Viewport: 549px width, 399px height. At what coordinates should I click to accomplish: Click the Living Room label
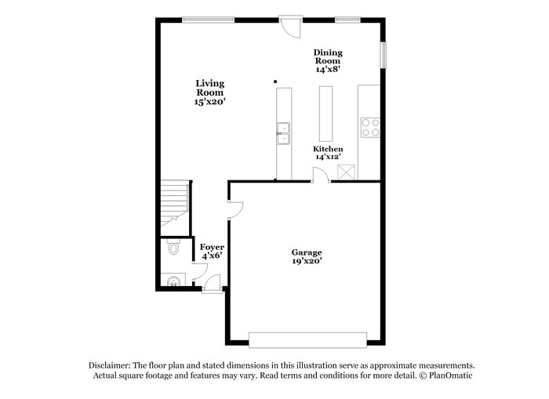(210, 88)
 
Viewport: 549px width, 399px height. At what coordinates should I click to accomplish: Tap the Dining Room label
(329, 57)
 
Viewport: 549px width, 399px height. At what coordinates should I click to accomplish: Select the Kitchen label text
(328, 149)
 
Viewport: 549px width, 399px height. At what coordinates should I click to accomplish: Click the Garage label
(307, 252)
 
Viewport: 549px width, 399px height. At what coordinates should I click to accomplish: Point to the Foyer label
(212, 247)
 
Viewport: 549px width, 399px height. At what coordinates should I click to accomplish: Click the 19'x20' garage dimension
(307, 262)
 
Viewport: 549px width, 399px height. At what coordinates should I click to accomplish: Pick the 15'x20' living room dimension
(210, 102)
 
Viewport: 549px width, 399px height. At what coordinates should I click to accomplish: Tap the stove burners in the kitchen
(369, 127)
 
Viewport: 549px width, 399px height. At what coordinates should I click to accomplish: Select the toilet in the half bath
(173, 248)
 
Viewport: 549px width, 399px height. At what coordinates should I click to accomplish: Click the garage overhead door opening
(307, 339)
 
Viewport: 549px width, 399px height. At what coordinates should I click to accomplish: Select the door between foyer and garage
(234, 209)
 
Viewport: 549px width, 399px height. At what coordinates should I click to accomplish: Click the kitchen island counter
(325, 113)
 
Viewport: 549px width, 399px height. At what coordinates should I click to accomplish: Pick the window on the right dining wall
(384, 56)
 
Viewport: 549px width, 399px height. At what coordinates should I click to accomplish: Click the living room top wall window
(208, 20)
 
